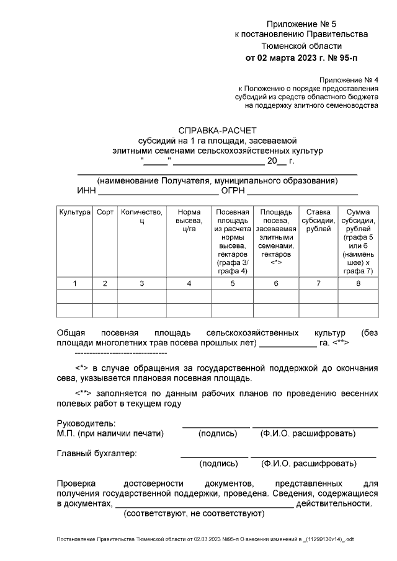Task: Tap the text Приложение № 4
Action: [x=348, y=81]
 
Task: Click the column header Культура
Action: [x=75, y=213]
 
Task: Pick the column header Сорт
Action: [x=105, y=213]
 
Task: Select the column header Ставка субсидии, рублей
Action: [x=318, y=221]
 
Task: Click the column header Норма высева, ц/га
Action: [x=189, y=221]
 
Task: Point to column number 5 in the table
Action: [x=233, y=283]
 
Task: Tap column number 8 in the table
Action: [x=358, y=283]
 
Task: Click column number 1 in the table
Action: [x=75, y=283]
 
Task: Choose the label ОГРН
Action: [x=234, y=191]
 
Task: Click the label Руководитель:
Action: [x=84, y=423]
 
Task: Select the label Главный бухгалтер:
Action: [x=97, y=453]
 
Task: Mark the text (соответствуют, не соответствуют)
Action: [x=194, y=514]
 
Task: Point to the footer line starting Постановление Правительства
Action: [x=205, y=540]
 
